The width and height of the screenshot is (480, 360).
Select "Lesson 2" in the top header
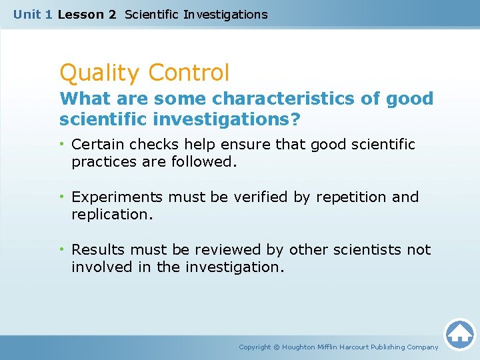coord(87,14)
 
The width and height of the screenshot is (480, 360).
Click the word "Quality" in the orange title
coord(100,72)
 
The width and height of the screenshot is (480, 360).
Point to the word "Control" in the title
coord(189,72)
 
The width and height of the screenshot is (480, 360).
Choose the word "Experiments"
coord(117,197)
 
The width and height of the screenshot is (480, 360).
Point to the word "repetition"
coord(351,197)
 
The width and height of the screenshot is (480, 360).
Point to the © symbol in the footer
coord(277,347)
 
